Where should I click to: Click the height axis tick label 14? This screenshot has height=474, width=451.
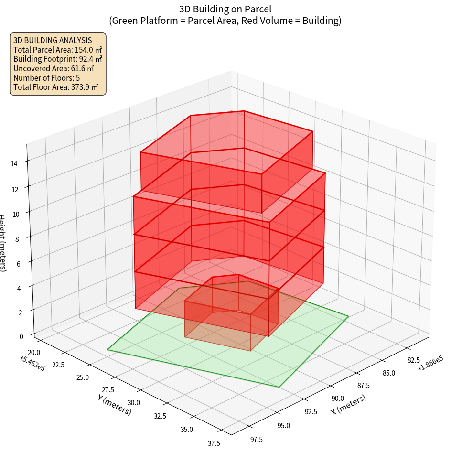coord(14,163)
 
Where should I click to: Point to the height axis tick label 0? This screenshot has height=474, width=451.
coord(21,336)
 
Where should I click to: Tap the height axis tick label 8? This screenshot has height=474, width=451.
coord(17,238)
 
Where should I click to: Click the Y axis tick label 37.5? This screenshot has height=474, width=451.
coord(214,443)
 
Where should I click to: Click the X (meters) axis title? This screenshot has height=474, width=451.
coord(349,405)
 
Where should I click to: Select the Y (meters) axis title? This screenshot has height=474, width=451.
coord(115,404)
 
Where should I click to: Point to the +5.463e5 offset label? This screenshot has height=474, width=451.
coord(32,363)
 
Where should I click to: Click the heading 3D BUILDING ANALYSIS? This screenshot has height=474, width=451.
coord(53,40)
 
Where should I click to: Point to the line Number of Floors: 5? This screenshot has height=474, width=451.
coord(47,77)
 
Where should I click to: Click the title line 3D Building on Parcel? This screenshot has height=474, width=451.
coord(225,9)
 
